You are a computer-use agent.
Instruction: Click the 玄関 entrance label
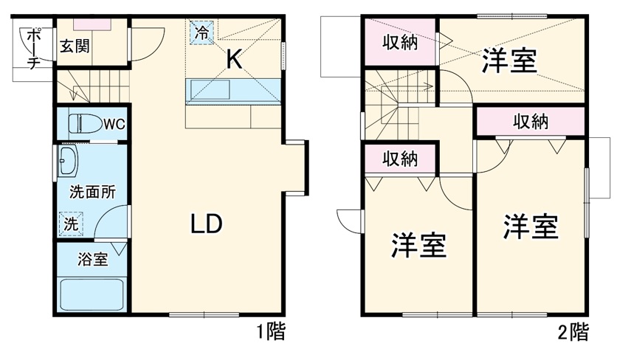76,46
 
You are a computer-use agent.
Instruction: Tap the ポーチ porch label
33,49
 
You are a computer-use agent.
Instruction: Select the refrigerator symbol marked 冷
201,32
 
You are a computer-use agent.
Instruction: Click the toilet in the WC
83,123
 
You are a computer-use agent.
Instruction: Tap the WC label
114,123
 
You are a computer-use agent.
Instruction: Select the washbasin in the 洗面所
68,161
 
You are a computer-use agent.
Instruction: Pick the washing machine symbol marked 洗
70,224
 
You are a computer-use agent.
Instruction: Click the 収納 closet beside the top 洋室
399,44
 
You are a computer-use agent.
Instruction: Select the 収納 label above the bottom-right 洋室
531,121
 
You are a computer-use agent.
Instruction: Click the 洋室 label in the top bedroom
509,62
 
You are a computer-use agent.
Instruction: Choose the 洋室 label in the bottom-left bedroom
419,246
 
